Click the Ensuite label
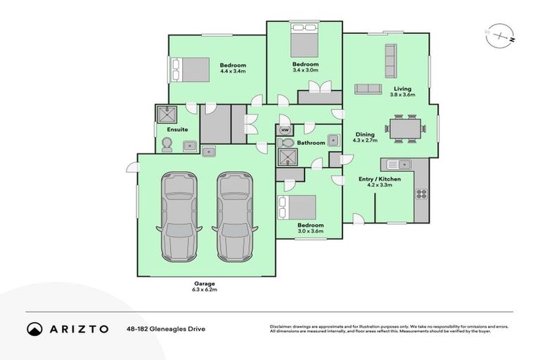(176, 129)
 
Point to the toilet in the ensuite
(167, 144)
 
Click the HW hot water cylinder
(285, 130)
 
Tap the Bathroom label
(311, 143)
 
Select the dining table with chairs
(404, 129)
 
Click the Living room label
(402, 89)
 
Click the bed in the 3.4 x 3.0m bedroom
(304, 43)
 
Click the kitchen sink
(401, 165)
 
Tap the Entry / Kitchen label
(379, 179)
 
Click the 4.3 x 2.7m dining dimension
(365, 140)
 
